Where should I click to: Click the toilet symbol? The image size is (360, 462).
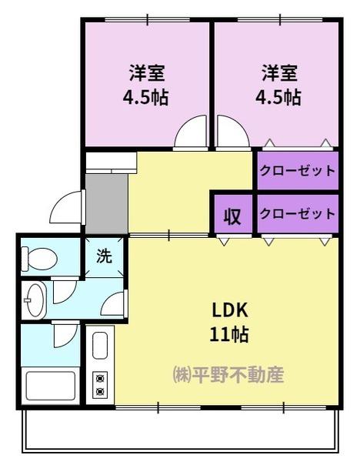[39, 259]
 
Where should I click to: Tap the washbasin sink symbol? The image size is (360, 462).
[35, 300]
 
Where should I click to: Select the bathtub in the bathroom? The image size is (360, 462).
[51, 386]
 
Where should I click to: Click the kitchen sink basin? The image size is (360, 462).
[100, 345]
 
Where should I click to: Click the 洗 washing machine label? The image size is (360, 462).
[105, 256]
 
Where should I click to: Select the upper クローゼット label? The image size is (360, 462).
[298, 171]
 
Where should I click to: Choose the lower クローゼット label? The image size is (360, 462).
[298, 214]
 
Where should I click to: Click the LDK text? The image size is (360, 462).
[230, 311]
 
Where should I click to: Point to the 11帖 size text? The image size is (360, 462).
[229, 334]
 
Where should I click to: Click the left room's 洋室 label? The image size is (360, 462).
[147, 73]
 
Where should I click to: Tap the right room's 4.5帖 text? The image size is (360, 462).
[278, 97]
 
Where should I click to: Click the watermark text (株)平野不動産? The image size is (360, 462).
[228, 375]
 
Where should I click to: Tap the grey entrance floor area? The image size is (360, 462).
[107, 204]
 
